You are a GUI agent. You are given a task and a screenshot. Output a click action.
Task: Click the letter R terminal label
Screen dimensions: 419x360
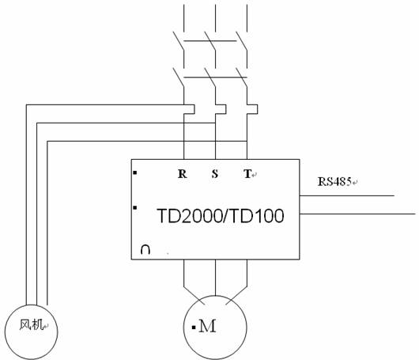(183, 174)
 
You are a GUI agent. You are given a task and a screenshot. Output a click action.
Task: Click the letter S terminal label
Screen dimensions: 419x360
(215, 174)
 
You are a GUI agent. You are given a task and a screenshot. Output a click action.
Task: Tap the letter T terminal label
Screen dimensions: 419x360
(247, 174)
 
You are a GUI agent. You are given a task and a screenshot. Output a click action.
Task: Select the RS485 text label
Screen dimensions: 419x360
(334, 182)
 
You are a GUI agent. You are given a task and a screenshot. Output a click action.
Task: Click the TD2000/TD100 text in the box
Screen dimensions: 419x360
(221, 216)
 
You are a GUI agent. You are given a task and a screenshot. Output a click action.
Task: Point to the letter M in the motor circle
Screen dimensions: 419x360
(207, 326)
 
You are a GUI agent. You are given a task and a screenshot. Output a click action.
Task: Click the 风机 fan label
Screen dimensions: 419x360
(31, 325)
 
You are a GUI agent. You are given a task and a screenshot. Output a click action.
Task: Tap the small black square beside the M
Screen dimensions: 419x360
(194, 327)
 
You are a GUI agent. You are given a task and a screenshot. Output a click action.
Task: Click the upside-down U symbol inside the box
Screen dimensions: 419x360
(145, 249)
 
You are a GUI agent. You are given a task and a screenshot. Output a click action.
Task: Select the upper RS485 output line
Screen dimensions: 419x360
(347, 195)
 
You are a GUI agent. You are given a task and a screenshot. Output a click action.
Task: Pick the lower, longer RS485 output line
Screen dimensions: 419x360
(357, 214)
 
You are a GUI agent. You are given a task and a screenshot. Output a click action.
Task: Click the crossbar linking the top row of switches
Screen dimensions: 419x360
(210, 41)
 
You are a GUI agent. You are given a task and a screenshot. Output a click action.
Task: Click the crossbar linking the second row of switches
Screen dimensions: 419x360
(215, 78)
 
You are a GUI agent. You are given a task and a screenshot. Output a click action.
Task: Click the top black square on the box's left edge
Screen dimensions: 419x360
(135, 173)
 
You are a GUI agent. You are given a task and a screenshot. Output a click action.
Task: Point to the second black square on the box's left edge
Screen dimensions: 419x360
(135, 207)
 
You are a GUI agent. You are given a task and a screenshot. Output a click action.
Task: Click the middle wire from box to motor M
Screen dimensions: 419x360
(215, 278)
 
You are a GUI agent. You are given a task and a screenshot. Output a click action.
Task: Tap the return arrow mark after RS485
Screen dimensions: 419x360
(355, 183)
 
